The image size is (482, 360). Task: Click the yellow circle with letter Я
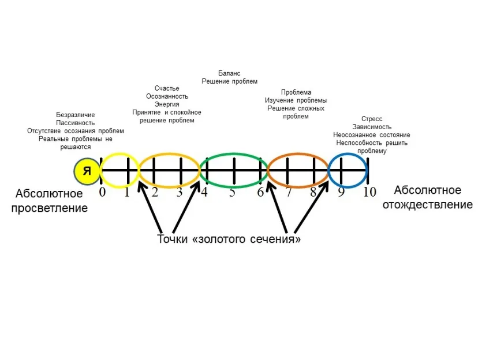(x=87, y=171)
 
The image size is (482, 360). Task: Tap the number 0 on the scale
(x=102, y=192)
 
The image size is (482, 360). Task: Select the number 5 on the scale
(x=232, y=192)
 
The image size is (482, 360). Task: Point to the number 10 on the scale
(x=369, y=192)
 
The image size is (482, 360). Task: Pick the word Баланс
(x=230, y=73)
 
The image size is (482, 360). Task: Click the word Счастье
(x=167, y=89)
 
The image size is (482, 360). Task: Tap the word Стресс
(x=372, y=119)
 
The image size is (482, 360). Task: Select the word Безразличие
(x=76, y=115)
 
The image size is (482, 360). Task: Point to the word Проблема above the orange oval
(x=296, y=92)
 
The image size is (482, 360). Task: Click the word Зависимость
(x=372, y=127)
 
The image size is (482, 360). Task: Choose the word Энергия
(x=167, y=104)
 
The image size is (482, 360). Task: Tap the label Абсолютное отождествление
(x=428, y=197)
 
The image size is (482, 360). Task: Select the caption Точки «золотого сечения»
(x=229, y=239)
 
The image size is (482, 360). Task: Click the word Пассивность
(x=76, y=123)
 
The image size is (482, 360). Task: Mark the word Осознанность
(x=167, y=96)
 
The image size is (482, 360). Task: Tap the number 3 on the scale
(x=180, y=192)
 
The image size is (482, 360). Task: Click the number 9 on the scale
(x=341, y=192)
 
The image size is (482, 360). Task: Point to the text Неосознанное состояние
(x=372, y=135)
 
